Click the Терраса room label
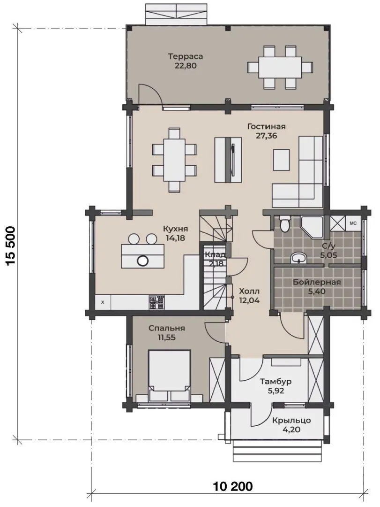tap(186, 57)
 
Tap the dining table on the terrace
tap(280, 68)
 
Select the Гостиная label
tap(266, 126)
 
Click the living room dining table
tap(174, 160)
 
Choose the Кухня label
tap(175, 229)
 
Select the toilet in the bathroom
tap(284, 224)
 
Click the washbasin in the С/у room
tap(299, 259)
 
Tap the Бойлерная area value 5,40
tap(316, 292)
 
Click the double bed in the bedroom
tap(169, 376)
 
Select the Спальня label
tap(167, 329)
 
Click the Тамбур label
tap(276, 382)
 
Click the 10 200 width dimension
tap(233, 486)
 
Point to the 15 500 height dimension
tap(11, 246)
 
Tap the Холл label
tap(249, 292)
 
